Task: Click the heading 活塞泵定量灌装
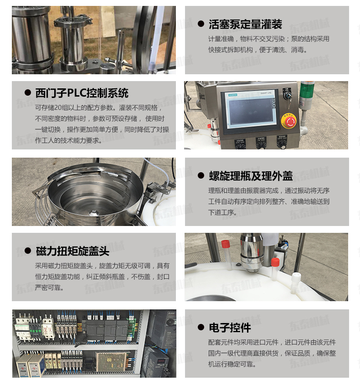(x=245, y=24)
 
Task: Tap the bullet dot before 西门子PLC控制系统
(x=28, y=92)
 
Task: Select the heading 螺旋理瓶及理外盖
(x=251, y=176)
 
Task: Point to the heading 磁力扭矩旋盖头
(x=72, y=251)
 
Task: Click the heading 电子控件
(x=230, y=328)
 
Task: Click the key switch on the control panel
(x=287, y=95)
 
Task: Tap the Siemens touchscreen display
(x=251, y=111)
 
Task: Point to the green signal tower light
(x=305, y=88)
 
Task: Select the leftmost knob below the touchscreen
(x=240, y=145)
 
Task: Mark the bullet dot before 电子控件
(x=201, y=327)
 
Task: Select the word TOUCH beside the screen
(x=274, y=103)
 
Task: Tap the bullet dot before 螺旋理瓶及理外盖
(x=201, y=175)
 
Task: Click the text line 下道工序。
(x=222, y=212)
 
